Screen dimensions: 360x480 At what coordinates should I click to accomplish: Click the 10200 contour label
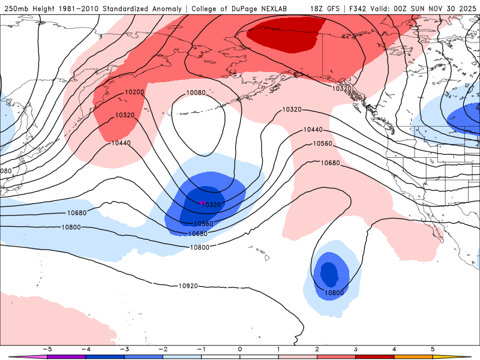(134, 92)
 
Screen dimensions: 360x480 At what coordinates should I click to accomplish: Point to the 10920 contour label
(188, 286)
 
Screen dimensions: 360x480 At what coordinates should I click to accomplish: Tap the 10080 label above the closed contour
(196, 93)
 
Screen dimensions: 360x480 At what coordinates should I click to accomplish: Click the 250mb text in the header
(16, 8)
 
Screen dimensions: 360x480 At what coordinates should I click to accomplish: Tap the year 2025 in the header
(464, 8)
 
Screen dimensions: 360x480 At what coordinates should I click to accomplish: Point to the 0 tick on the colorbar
(240, 349)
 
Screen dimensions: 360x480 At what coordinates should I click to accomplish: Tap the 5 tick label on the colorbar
(433, 349)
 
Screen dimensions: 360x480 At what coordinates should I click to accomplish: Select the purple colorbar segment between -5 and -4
(66, 356)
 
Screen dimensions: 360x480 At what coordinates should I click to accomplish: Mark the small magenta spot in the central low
(202, 203)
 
